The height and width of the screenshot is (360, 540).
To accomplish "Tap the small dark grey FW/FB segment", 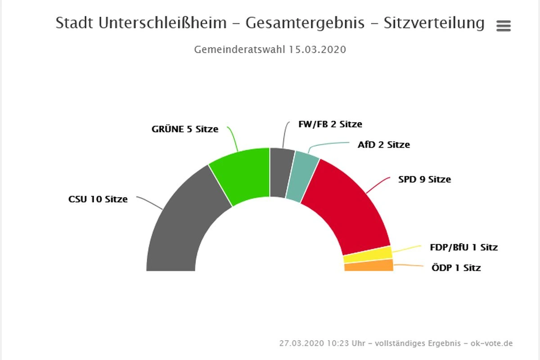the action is (281, 172).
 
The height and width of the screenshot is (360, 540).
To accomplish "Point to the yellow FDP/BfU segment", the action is (368, 255).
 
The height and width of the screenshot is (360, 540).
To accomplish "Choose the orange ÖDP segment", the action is (369, 265).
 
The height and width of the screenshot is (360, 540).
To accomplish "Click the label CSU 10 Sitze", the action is (98, 199).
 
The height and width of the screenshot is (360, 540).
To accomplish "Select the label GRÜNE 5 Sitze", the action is (185, 129).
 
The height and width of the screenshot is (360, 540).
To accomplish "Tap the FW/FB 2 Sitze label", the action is (330, 124).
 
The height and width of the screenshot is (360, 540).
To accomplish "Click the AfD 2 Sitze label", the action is (384, 145).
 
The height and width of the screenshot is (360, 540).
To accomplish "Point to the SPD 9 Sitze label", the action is (424, 180).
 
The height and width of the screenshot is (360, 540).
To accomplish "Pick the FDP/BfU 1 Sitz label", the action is (464, 247).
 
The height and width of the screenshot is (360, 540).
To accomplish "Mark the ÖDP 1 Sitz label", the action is (456, 268).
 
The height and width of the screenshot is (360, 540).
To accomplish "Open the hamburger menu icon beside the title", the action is (504, 26).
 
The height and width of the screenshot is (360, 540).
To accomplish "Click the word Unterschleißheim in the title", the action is (163, 23).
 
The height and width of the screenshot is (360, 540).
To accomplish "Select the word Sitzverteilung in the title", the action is (434, 23).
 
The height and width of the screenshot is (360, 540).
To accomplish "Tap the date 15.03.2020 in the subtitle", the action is (317, 49).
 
